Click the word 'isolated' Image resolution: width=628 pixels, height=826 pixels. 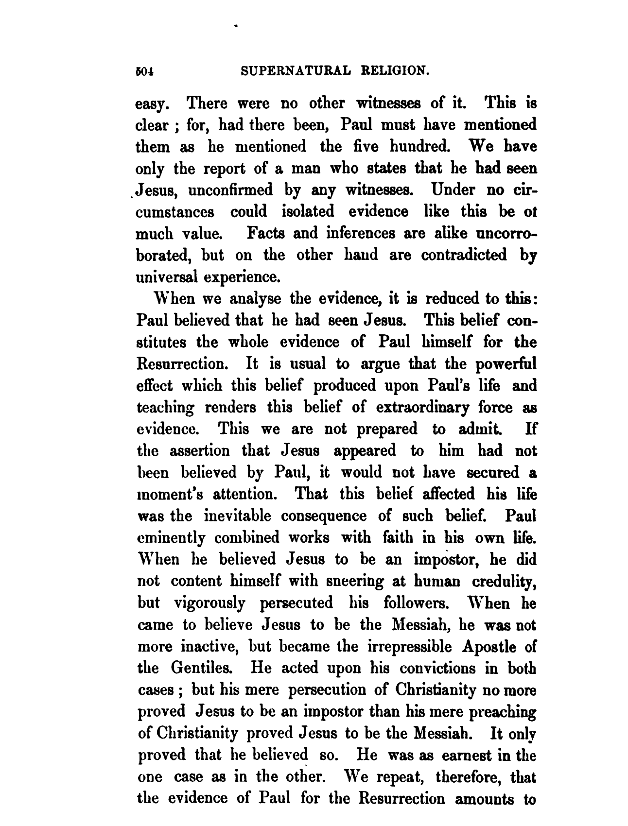(x=308, y=211)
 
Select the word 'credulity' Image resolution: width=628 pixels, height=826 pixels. (x=500, y=581)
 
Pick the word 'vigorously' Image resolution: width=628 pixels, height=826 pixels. (x=209, y=603)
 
